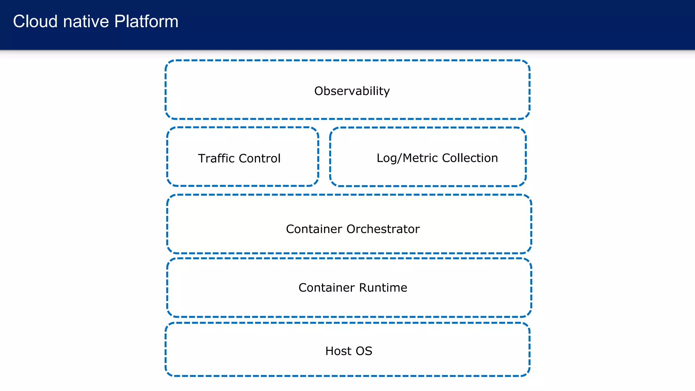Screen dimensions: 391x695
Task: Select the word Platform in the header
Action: tap(146, 21)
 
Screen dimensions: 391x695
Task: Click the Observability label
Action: tap(352, 91)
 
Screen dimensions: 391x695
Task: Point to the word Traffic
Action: tap(216, 159)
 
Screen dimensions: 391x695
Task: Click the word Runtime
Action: tap(383, 288)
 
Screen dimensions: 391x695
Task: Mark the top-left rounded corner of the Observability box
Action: tap(168, 63)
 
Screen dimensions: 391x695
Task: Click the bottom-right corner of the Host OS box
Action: tap(527, 373)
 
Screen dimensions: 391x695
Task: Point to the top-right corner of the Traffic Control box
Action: tap(316, 130)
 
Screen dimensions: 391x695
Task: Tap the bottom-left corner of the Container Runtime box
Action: tap(170, 314)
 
